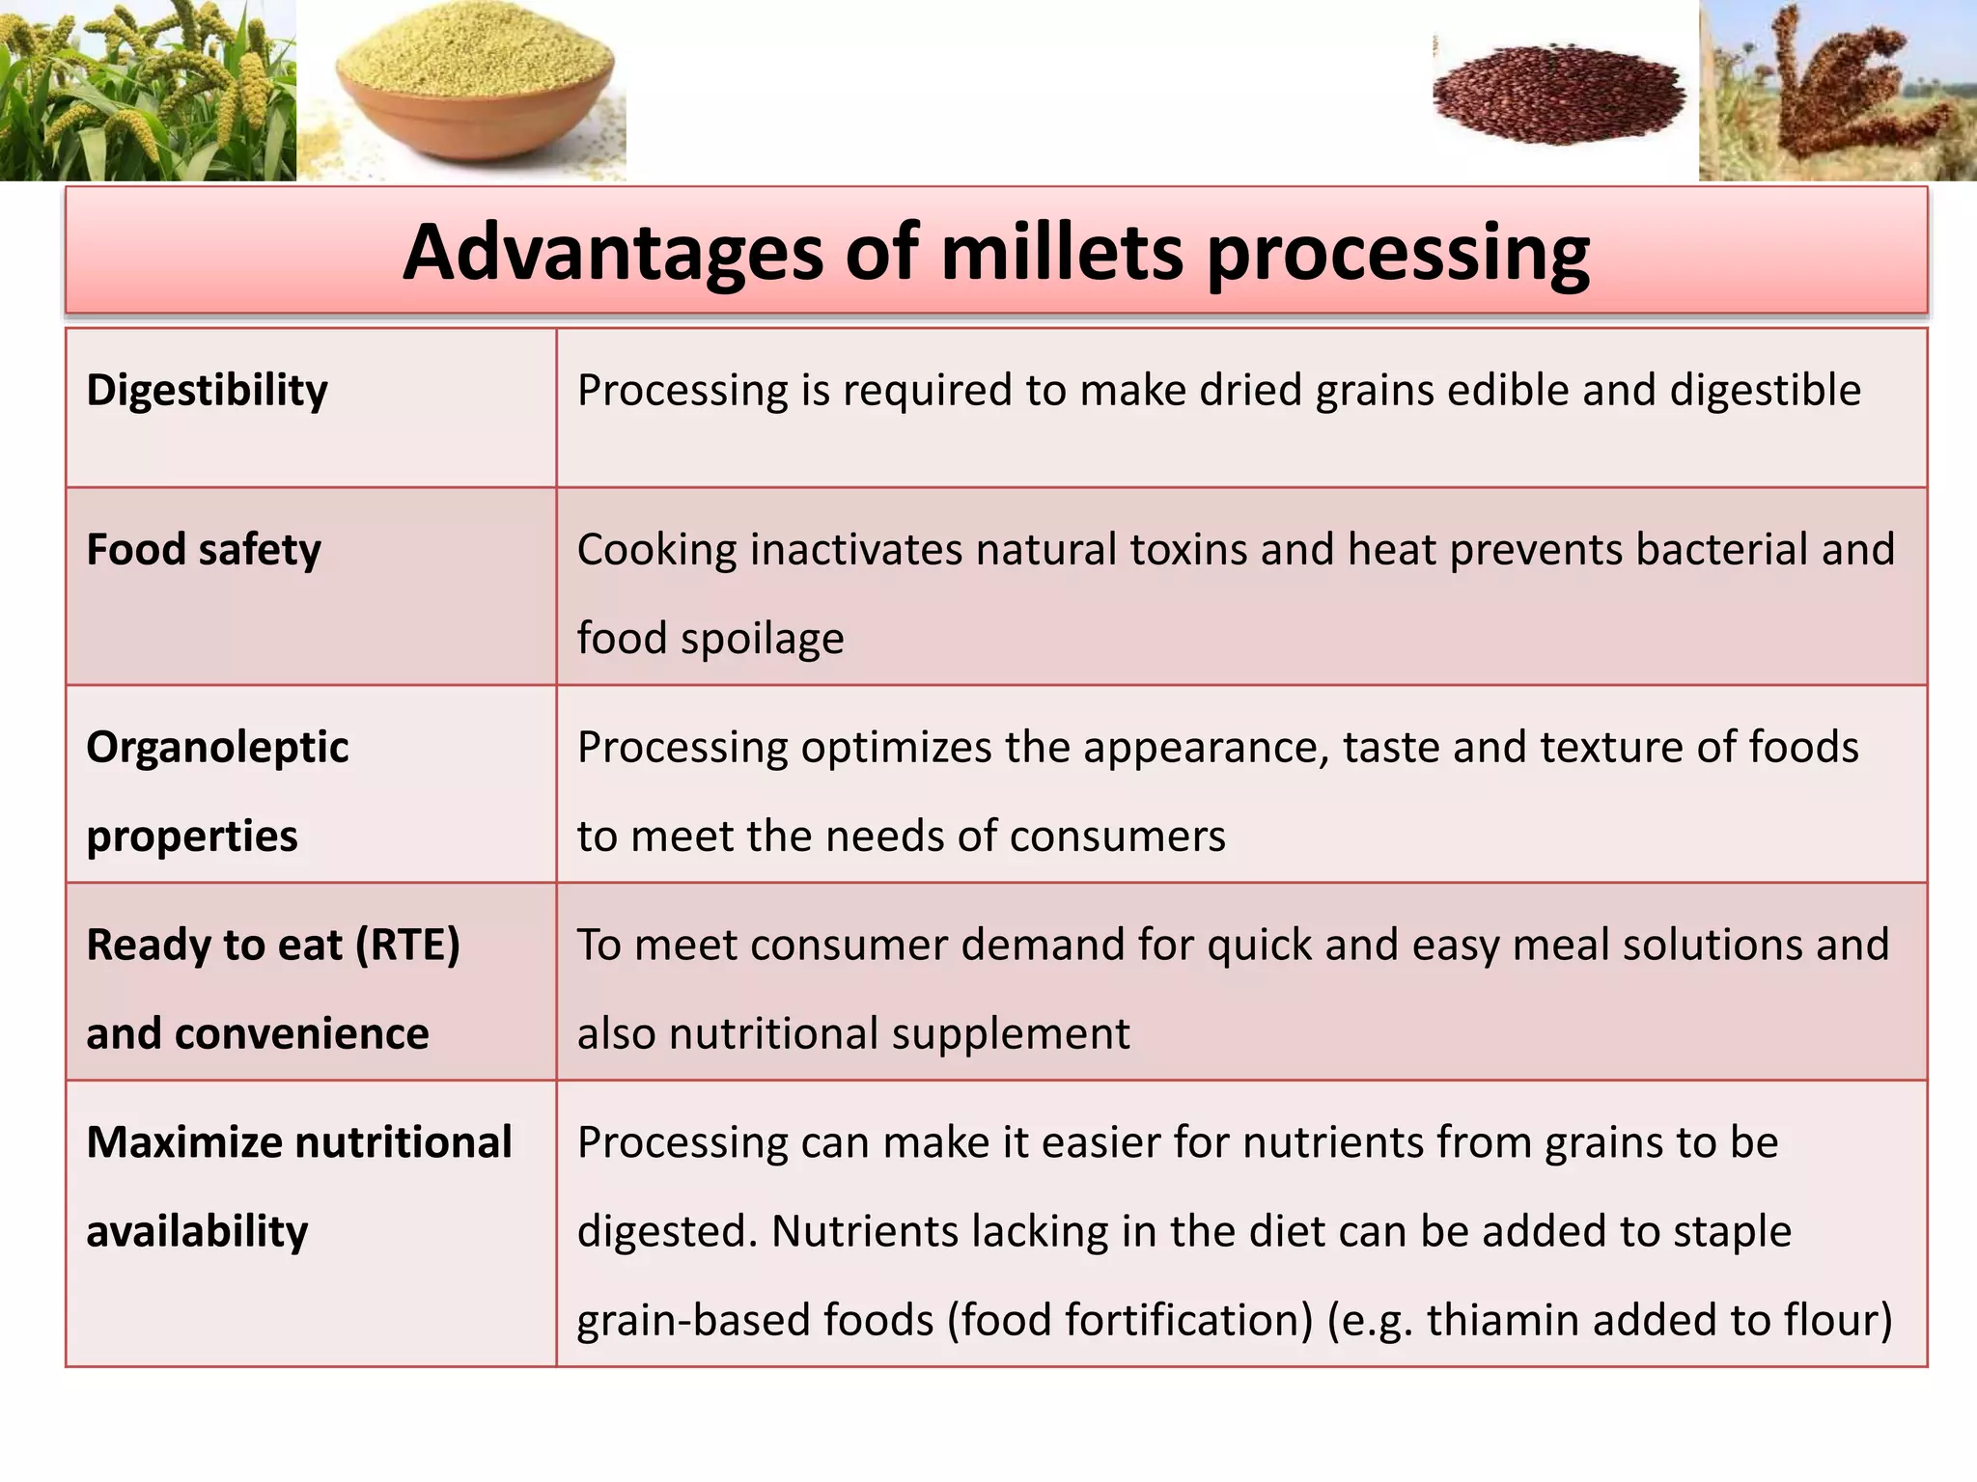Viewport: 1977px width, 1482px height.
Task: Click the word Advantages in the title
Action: tap(613, 253)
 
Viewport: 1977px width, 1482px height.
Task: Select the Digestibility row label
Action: tap(207, 391)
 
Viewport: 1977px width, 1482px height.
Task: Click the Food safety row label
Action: tap(204, 550)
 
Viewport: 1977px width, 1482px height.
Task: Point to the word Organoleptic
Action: tap(217, 748)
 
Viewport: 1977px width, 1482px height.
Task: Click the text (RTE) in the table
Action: tap(407, 946)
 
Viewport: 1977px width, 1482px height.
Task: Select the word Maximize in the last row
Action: tap(183, 1143)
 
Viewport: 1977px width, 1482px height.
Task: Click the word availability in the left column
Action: tap(197, 1232)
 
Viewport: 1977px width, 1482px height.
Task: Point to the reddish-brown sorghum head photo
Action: tap(1834, 92)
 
